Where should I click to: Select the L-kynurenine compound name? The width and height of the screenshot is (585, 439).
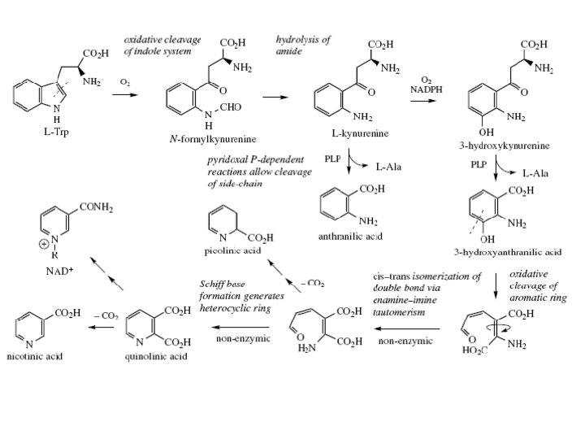pos(362,133)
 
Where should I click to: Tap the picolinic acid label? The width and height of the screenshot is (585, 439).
pos(232,251)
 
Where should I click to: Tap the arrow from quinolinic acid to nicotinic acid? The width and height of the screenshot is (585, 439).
pos(102,327)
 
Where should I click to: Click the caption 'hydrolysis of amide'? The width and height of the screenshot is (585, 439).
pos(303,45)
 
